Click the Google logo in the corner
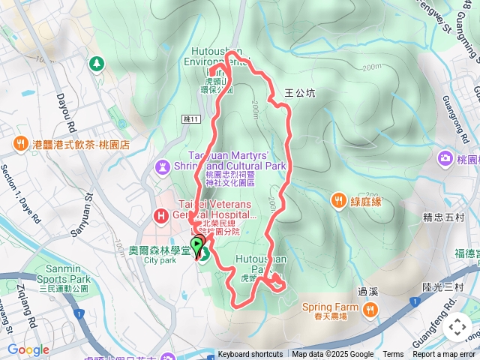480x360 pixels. (x=28, y=349)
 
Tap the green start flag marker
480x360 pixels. (x=197, y=245)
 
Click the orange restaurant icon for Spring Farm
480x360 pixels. (x=370, y=308)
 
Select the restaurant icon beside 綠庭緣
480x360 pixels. (x=340, y=199)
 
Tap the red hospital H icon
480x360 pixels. (x=160, y=217)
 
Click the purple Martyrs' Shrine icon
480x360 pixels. (x=162, y=166)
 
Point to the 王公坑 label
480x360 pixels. (x=300, y=94)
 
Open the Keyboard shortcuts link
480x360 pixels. (x=250, y=355)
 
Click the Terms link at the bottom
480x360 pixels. (x=393, y=355)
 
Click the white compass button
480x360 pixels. (x=457, y=327)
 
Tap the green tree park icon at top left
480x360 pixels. (x=96, y=64)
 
